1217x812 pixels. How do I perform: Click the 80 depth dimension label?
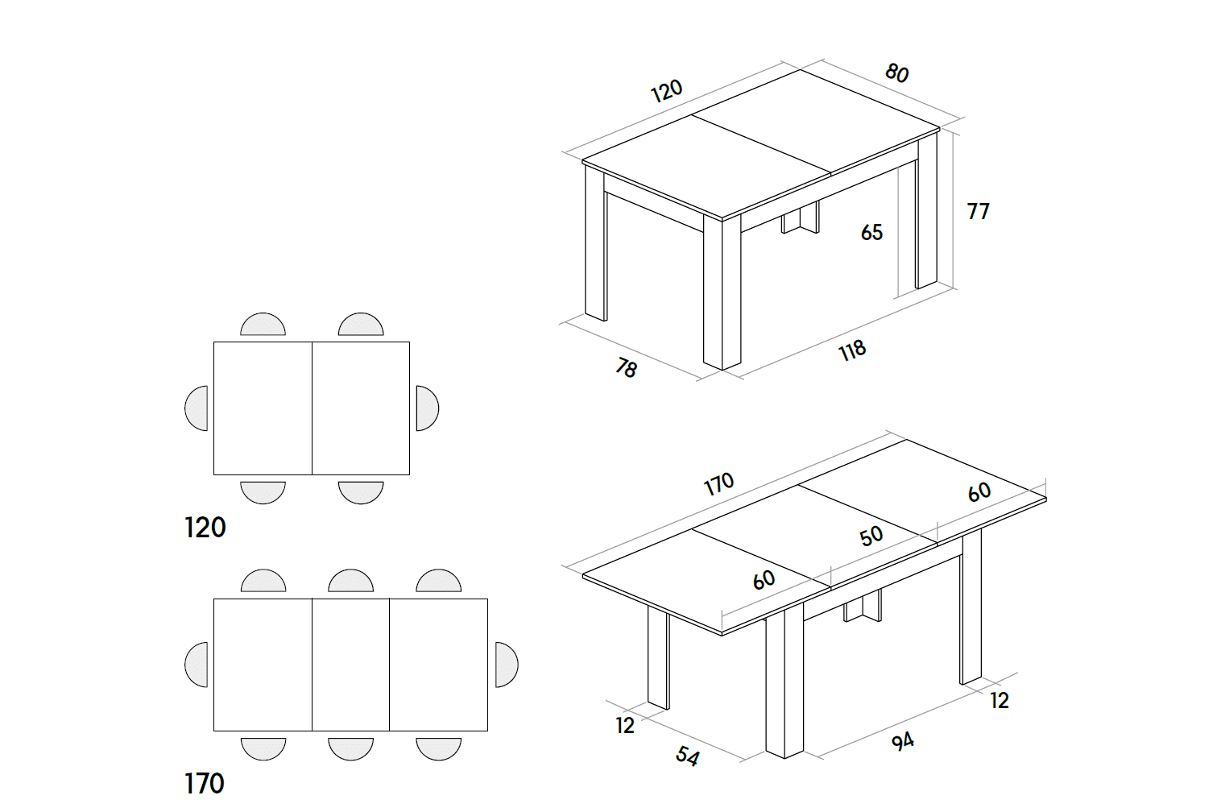coord(896,73)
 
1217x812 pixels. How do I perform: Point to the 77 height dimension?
coord(978,211)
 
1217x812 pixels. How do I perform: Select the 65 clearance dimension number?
coord(871,232)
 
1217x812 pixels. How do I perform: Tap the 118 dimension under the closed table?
coord(852,350)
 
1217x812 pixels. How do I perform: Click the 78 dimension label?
coord(626,368)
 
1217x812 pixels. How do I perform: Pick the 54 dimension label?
coord(687,756)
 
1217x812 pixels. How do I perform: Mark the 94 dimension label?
coord(902,741)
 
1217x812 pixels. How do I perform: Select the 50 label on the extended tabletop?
coord(871,536)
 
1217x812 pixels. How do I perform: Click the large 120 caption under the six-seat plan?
coord(205,528)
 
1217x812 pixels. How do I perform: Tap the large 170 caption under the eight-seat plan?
coord(205,784)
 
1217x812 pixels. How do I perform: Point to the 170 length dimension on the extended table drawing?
coord(718,483)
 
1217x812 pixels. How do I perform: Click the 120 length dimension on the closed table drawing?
coord(666,90)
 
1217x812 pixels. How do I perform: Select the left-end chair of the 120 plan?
coord(197,408)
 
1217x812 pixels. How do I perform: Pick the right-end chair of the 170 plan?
coord(506,665)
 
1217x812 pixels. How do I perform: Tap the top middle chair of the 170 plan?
coord(350,582)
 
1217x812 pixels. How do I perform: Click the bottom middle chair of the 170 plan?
coord(350,748)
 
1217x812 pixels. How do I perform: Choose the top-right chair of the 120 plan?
coord(361,325)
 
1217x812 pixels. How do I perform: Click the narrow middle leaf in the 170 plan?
coord(350,665)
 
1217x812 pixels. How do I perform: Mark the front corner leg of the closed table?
coord(722,294)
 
